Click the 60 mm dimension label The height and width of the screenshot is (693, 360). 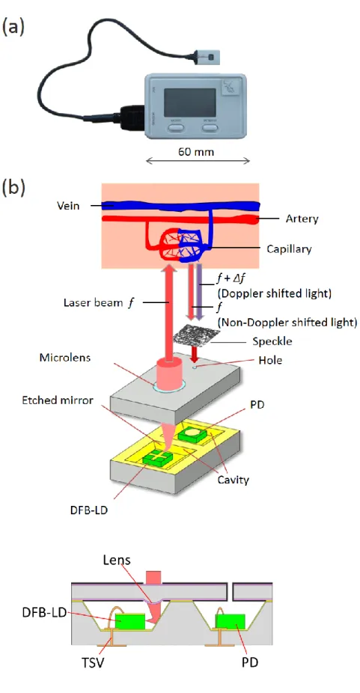tap(196, 152)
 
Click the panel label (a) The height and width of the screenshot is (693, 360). tap(13, 28)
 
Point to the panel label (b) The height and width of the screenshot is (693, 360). tap(13, 187)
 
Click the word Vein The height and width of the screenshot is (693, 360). tap(68, 206)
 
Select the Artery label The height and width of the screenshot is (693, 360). tap(302, 219)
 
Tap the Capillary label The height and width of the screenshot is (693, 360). tap(289, 248)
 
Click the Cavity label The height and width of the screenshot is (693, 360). tap(234, 479)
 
